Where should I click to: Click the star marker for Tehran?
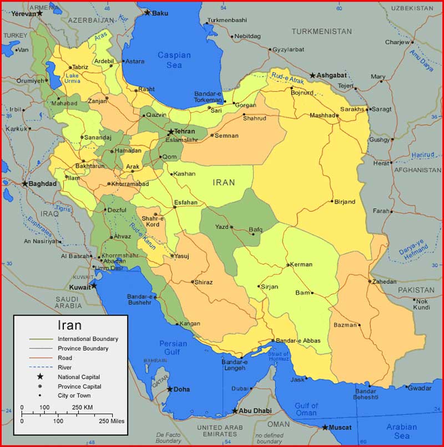[170, 131]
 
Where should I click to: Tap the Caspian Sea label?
[174, 60]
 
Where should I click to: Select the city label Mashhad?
[323, 115]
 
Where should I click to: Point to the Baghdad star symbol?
[25, 184]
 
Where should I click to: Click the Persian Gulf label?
[173, 348]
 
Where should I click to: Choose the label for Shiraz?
[203, 282]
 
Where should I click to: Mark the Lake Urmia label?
[72, 78]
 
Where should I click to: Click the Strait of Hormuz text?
[278, 357]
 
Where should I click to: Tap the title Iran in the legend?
[69, 326]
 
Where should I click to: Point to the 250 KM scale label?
[83, 408]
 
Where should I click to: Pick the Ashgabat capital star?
[312, 75]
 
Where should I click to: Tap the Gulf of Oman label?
[306, 408]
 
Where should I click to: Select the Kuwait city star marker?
[94, 286]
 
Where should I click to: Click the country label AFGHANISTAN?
[417, 170]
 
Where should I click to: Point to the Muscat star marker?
[325, 428]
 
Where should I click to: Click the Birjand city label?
[345, 202]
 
